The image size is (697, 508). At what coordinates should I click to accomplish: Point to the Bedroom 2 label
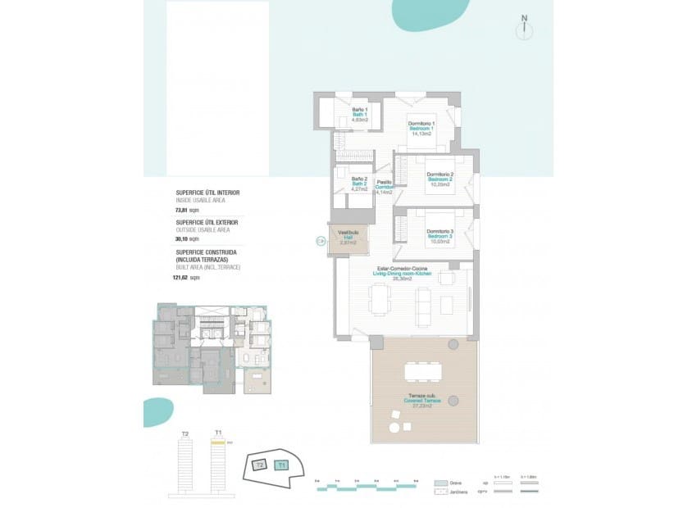click(440, 179)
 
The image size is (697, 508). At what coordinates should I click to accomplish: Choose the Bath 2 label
click(358, 184)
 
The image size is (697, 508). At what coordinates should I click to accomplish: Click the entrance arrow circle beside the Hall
click(320, 241)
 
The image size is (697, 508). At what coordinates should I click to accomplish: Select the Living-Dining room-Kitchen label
click(402, 273)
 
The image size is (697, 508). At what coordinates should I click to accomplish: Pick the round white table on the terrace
click(395, 428)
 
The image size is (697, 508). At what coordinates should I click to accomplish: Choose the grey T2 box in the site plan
click(258, 465)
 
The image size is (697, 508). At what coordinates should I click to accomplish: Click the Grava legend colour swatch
click(441, 483)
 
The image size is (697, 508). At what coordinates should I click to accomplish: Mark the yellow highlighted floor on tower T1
click(218, 441)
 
